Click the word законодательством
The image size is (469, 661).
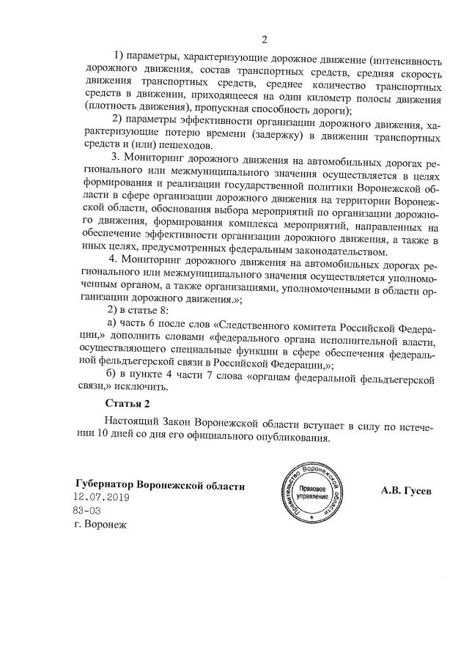point(298,254)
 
